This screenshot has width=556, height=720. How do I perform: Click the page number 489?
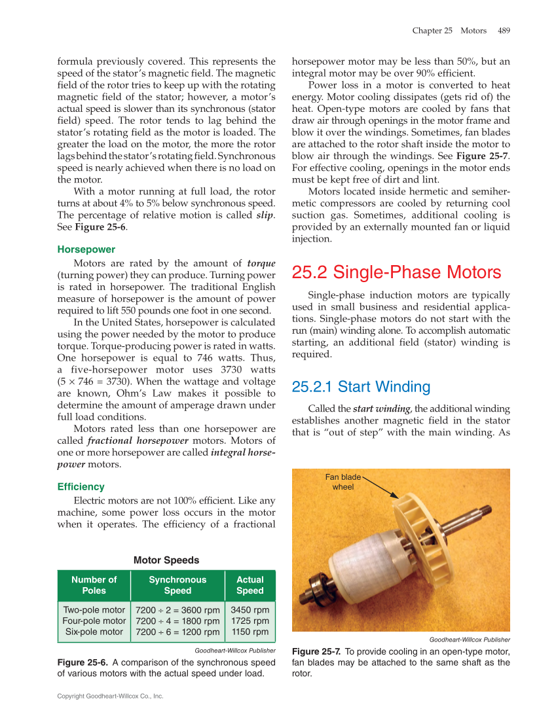pyautogui.click(x=504, y=31)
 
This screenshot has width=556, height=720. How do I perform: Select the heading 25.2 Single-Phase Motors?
pyautogui.click(x=396, y=272)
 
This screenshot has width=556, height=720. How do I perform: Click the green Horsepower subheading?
pyautogui.click(x=86, y=249)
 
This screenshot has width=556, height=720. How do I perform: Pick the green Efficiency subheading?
pyautogui.click(x=81, y=486)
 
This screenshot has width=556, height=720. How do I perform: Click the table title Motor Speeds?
pyautogui.click(x=166, y=560)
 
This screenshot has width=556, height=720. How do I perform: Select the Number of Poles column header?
pyautogui.click(x=94, y=585)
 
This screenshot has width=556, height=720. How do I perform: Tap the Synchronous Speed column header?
pyautogui.click(x=177, y=585)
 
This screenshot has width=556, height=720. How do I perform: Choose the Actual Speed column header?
pyautogui.click(x=250, y=585)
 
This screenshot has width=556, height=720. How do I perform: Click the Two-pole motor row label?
pyautogui.click(x=94, y=609)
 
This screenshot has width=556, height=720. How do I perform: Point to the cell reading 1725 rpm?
pyautogui.click(x=250, y=621)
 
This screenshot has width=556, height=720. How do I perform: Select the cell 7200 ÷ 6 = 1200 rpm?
pyautogui.click(x=177, y=632)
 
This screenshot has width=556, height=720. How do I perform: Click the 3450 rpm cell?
pyautogui.click(x=250, y=609)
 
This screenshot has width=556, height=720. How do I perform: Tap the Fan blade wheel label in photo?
pyautogui.click(x=343, y=482)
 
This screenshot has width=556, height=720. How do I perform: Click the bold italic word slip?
pyautogui.click(x=265, y=215)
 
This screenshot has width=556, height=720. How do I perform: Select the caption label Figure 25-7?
pyautogui.click(x=316, y=651)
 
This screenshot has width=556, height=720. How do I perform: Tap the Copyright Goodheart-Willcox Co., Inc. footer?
pyautogui.click(x=110, y=696)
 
